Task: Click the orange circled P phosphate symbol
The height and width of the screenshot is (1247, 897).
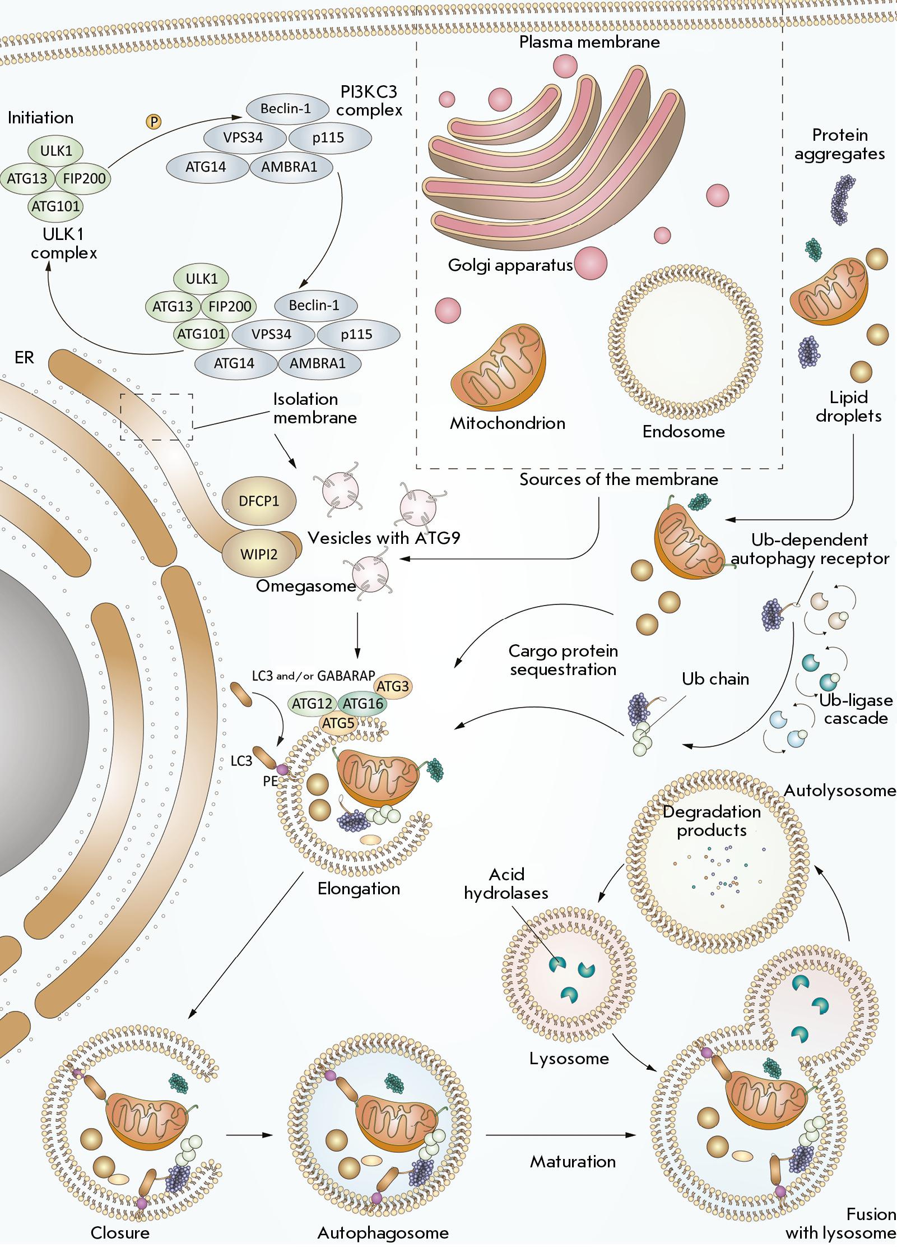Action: point(154,121)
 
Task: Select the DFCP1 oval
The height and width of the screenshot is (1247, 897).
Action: point(259,501)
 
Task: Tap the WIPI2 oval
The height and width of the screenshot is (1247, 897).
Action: point(259,554)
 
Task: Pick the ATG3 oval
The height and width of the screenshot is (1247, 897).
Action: point(393,686)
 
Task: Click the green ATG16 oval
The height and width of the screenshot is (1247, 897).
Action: point(363,704)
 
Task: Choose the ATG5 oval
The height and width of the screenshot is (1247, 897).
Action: point(338,723)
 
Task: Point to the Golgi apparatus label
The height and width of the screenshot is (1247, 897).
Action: point(510,265)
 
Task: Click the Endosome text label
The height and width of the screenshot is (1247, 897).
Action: point(684,431)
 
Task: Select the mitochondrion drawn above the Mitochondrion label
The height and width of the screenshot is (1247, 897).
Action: point(499,367)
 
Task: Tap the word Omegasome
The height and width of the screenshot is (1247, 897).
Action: point(306,586)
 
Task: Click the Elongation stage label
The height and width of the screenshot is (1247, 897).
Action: point(359,889)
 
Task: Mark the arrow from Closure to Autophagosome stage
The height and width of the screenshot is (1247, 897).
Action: point(249,1135)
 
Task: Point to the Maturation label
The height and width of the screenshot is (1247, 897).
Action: point(573,1161)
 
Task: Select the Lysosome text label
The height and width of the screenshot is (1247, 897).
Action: point(569,1058)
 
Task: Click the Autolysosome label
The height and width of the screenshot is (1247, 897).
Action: point(840,791)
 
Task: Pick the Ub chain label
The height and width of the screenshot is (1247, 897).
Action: point(715,679)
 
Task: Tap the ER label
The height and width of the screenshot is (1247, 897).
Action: point(24,357)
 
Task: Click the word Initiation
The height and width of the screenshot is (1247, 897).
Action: point(40,118)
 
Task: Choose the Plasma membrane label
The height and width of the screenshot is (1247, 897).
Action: point(589,42)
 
